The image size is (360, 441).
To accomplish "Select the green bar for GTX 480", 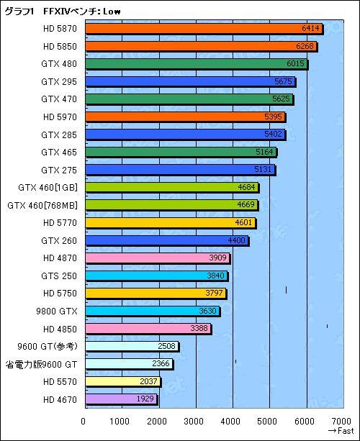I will [x=195, y=64].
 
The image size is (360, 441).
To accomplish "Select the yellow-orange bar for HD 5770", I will [x=169, y=222].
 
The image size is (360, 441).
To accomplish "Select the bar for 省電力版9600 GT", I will [x=127, y=363].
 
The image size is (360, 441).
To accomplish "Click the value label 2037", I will [x=149, y=381].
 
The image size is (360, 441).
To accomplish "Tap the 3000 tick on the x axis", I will [x=195, y=421].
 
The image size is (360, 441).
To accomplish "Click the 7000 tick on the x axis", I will [x=343, y=421].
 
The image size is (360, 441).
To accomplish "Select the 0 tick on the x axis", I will [x=84, y=421].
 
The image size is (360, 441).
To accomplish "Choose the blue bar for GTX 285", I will [x=184, y=135].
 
